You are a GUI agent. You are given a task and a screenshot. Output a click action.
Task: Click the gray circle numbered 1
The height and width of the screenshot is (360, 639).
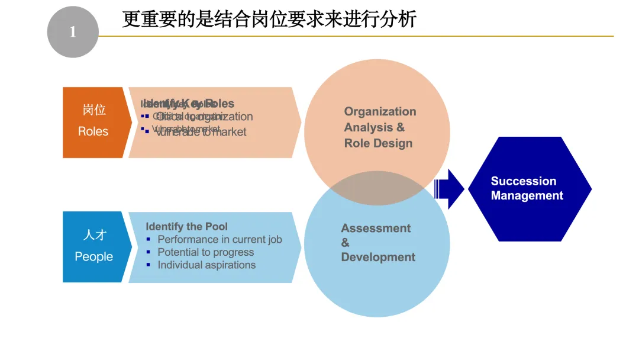coord(73,32)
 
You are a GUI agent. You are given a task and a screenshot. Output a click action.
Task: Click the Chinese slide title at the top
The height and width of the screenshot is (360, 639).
coord(269,19)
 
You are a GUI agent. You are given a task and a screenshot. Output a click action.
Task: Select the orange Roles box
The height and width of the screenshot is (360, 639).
coord(93,123)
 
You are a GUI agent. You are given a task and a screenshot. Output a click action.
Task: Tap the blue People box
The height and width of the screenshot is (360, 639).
coord(93,247)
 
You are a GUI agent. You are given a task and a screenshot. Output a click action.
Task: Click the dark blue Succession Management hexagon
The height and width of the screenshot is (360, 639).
coord(530,189)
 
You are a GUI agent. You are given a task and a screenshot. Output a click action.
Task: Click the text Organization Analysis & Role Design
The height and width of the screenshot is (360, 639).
coord(379,127)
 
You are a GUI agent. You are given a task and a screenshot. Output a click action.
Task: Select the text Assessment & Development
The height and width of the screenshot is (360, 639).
coord(377,243)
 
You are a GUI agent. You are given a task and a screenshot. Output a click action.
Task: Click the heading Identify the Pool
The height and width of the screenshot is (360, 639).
coord(186,227)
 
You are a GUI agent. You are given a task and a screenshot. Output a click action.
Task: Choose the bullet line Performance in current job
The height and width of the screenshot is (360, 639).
coord(220,240)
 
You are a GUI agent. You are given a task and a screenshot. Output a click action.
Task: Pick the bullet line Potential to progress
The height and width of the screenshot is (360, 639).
coord(205,252)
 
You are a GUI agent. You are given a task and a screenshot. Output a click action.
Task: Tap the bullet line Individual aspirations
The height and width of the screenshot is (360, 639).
coord(206,265)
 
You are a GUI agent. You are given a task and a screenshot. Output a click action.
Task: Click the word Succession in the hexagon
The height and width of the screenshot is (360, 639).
coord(524,181)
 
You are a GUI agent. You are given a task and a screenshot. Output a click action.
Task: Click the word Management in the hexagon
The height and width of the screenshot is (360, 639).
coord(527,196)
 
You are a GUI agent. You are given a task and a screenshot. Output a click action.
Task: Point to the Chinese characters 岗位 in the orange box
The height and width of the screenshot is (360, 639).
coord(94,110)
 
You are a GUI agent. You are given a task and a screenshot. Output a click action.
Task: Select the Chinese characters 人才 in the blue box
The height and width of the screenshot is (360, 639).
coord(94,234)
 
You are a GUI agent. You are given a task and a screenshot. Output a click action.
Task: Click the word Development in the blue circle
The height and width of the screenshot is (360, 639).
coord(378,258)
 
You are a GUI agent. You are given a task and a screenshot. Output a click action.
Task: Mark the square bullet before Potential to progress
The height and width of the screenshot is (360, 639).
coord(149,252)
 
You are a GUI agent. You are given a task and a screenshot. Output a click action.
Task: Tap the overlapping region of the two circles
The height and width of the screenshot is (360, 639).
coord(377,188)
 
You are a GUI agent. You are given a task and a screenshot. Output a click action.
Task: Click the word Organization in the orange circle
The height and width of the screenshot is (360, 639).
coord(380,112)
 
